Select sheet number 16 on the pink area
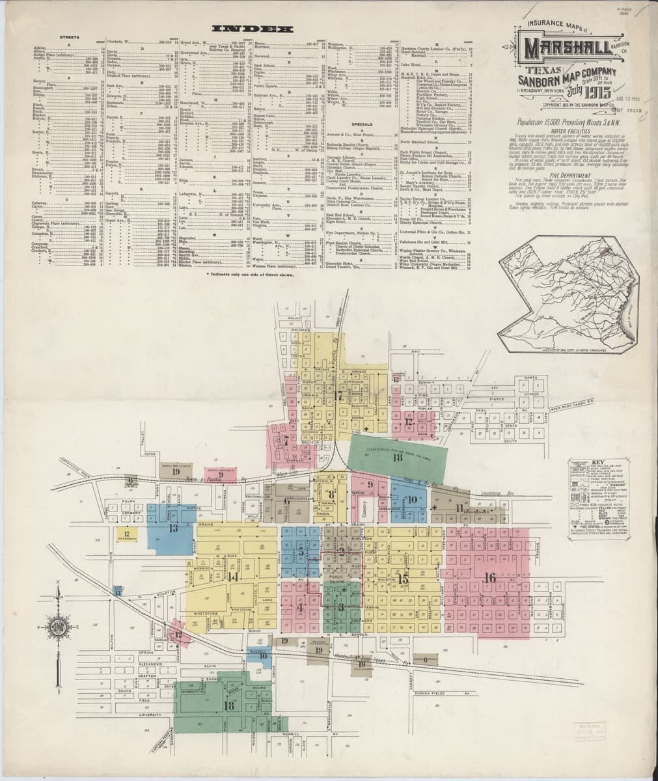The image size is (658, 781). coord(490,577)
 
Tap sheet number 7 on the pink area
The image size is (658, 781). coord(285,441)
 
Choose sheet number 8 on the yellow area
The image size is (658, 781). coord(331,494)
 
